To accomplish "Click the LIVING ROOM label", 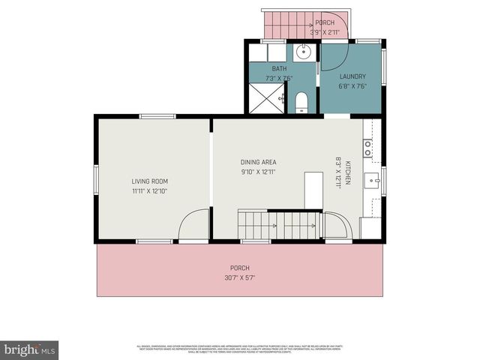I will [x=150, y=181].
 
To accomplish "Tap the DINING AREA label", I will [x=258, y=162].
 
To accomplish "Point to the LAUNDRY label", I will [x=352, y=76].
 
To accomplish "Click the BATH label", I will [x=278, y=69].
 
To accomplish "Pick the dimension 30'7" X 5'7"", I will [x=240, y=277].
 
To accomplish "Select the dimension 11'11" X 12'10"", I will [x=150, y=190].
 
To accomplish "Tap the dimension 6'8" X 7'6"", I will [x=352, y=85].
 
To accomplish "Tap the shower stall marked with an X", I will [x=268, y=97].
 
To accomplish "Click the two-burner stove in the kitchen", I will [x=367, y=148].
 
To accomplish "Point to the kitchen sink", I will [x=372, y=181].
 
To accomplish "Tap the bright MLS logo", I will [x=30, y=349].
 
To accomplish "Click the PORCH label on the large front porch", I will [x=240, y=268].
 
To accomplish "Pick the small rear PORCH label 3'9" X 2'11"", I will [x=325, y=28].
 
